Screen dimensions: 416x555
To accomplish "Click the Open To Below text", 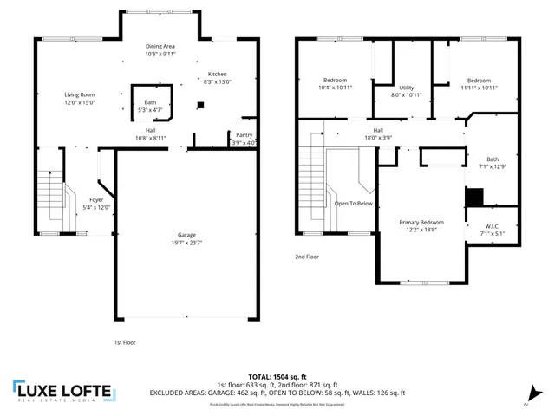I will coord(354,204).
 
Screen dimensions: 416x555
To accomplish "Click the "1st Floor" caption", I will coord(125,342).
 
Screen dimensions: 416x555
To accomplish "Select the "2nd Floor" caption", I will coord(306,257).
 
